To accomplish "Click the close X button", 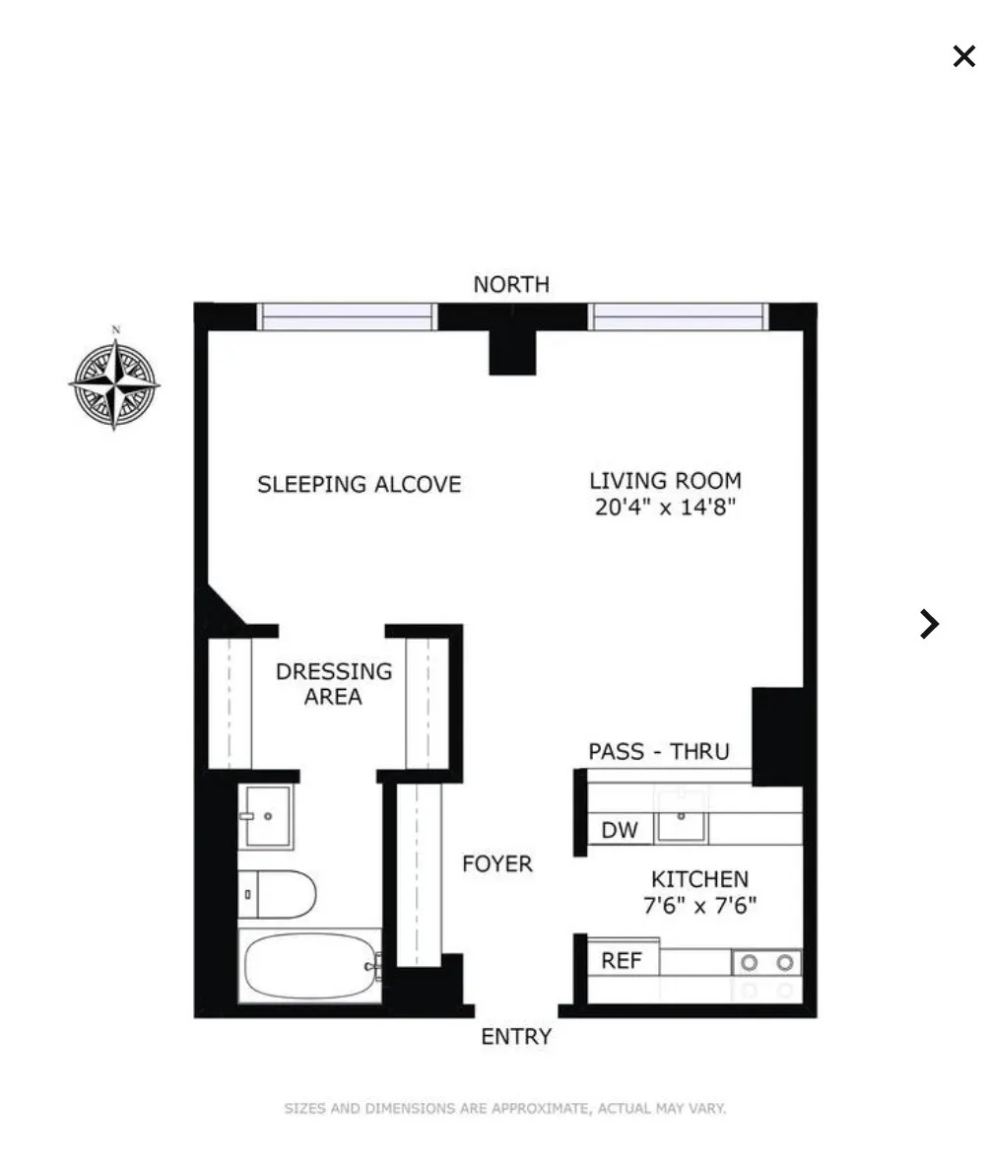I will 963,56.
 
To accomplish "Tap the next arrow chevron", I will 928,624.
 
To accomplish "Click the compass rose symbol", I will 114,383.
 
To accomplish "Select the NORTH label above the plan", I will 511,285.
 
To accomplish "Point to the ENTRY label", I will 516,1037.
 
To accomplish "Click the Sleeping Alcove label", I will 359,485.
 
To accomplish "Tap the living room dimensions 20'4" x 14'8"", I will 666,509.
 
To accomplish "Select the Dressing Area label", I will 333,684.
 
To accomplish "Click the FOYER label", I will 497,864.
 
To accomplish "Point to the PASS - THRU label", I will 659,752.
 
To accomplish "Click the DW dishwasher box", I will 620,830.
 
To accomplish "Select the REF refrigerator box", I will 622,960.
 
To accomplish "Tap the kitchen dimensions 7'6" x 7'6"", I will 699,906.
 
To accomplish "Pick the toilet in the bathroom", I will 278,895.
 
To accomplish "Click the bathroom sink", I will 266,816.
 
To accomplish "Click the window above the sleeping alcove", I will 347,316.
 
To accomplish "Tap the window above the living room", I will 678,316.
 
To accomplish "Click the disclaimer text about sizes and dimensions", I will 505,1109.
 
